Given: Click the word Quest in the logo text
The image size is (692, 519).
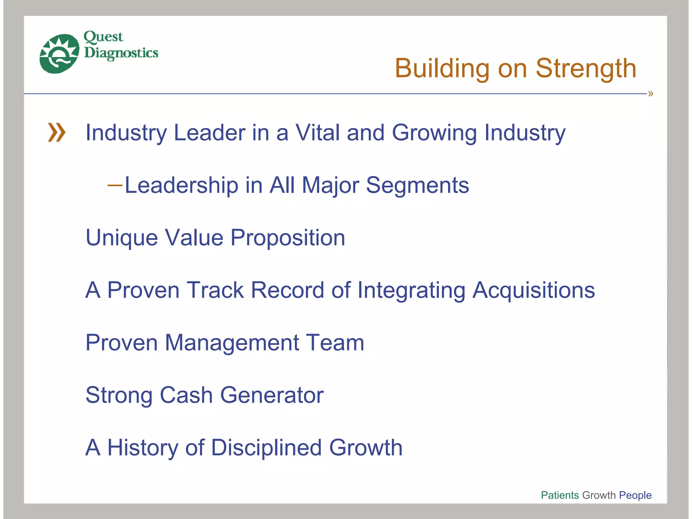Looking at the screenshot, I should [x=103, y=37].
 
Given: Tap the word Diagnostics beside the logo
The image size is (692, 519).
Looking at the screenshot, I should [x=121, y=53].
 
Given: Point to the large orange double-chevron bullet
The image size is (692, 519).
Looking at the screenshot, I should [x=56, y=132].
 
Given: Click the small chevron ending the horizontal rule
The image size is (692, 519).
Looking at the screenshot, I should [x=650, y=94].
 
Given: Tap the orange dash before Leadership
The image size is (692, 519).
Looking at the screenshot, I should [x=115, y=185].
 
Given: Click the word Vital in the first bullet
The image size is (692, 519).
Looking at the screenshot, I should [x=318, y=132].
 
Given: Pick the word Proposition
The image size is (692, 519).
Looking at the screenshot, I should [x=288, y=238].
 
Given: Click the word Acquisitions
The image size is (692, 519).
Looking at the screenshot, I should [x=534, y=290].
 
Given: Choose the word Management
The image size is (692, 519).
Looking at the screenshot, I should [x=232, y=343].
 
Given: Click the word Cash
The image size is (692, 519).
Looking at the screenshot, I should [x=186, y=395].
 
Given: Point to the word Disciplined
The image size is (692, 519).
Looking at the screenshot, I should [x=266, y=448].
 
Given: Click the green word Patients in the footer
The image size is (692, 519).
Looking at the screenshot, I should [x=560, y=495].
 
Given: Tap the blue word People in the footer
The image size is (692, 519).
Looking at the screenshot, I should [x=635, y=495].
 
